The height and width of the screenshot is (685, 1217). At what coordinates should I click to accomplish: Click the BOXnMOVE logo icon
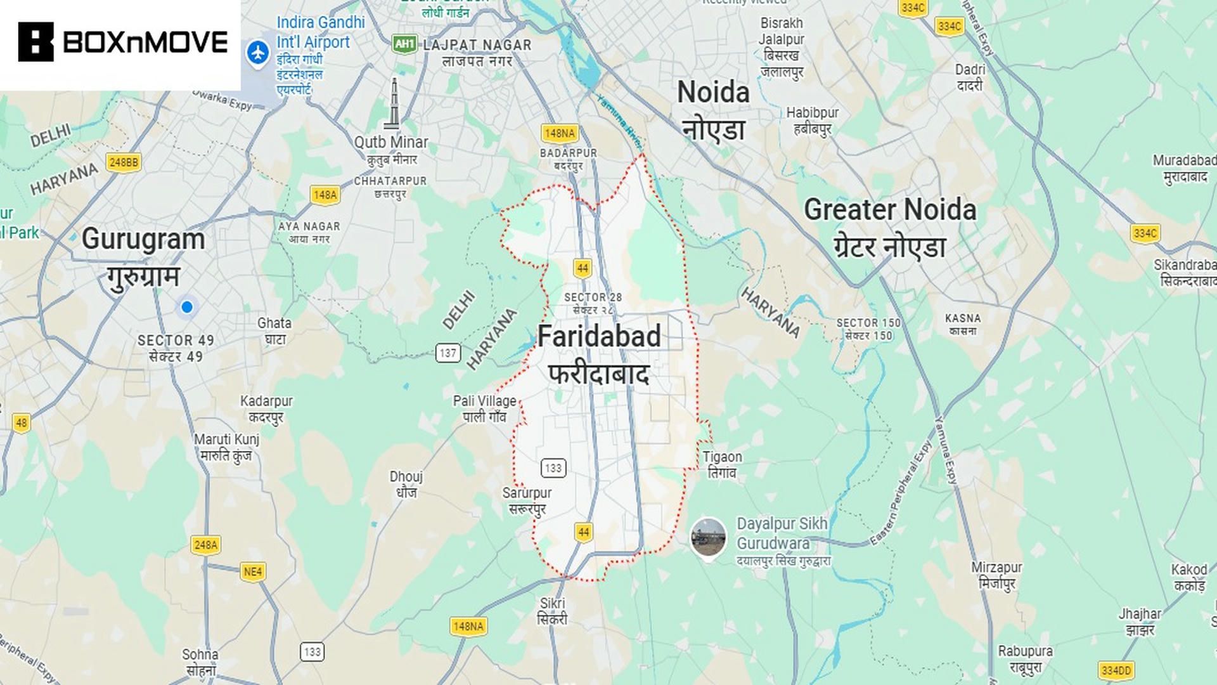(x=35, y=42)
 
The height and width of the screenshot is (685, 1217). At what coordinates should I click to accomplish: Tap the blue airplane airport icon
(x=257, y=53)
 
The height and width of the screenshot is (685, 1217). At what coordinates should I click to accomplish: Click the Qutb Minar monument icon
(x=394, y=104)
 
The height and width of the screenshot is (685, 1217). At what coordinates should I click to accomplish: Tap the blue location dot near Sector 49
(x=186, y=307)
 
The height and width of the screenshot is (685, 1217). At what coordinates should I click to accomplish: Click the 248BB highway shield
(x=124, y=162)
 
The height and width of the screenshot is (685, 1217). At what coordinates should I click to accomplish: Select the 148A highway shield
(x=325, y=195)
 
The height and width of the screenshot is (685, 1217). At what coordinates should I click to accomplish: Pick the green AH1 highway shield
(x=404, y=44)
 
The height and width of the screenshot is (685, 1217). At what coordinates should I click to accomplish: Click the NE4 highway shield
(x=252, y=571)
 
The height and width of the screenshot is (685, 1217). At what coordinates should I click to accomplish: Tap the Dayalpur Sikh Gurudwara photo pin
(x=708, y=537)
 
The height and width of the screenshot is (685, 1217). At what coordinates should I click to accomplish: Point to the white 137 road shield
(x=448, y=353)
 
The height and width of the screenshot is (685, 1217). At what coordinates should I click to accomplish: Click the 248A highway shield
(x=205, y=545)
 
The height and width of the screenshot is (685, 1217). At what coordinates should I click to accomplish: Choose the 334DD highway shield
(x=1116, y=670)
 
